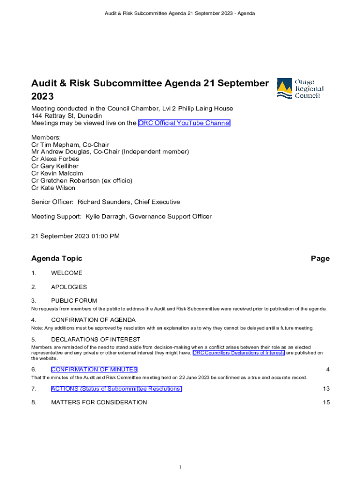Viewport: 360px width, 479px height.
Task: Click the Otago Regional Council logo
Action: click(300, 88)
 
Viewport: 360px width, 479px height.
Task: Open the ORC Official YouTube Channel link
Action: click(184, 123)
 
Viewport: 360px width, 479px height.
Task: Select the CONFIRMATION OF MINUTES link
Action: click(94, 370)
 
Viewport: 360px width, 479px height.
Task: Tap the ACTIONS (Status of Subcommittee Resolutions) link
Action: click(116, 389)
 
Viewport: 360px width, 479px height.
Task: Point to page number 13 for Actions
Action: click(326, 389)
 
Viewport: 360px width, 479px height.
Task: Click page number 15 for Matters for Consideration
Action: click(326, 402)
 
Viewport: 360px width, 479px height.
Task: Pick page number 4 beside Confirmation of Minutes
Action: click(328, 370)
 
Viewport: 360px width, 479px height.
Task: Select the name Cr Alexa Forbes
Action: click(55, 159)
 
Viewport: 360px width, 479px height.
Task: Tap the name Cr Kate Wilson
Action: click(53, 188)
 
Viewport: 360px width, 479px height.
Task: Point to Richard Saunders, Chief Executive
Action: click(129, 202)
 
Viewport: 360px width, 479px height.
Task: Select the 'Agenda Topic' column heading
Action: click(57, 258)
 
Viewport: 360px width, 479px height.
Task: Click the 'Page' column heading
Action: click(320, 258)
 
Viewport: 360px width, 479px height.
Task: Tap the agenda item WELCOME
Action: click(66, 273)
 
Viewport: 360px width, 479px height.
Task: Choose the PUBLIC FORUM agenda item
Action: click(74, 301)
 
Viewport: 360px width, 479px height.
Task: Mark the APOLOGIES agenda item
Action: click(69, 287)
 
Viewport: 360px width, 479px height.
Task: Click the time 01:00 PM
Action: click(105, 236)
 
